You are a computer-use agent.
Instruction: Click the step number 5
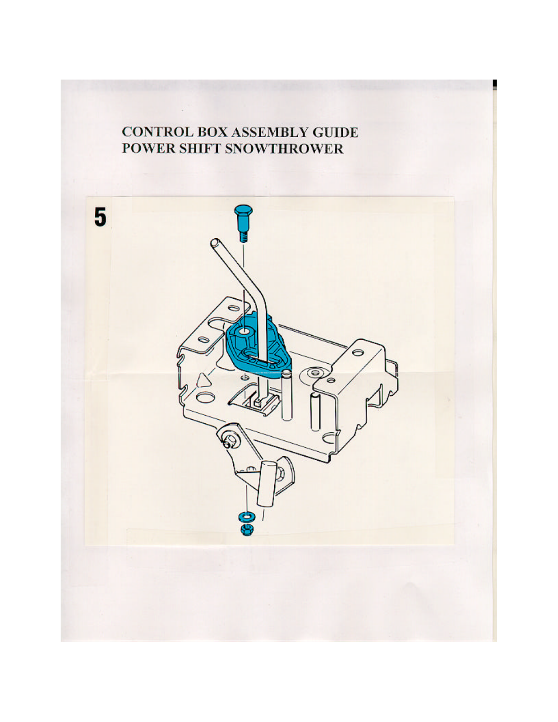[100, 217]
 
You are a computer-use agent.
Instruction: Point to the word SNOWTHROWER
[284, 148]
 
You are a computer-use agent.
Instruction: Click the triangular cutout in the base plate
[204, 380]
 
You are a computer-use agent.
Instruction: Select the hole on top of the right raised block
[358, 352]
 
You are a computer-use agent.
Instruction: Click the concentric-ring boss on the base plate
[314, 374]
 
